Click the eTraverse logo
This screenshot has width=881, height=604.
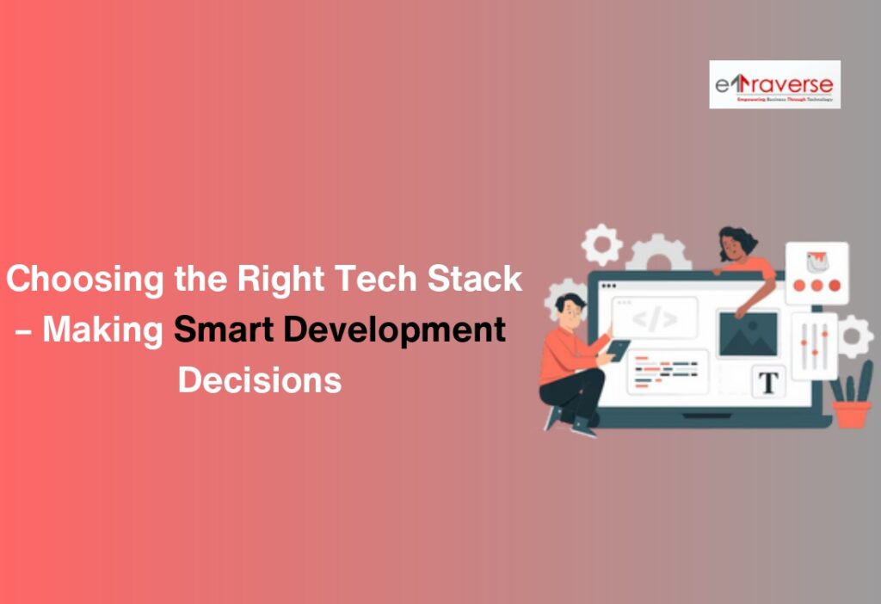pos(774,84)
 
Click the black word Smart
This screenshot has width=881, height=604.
pos(220,330)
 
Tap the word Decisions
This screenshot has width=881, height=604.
pos(259,379)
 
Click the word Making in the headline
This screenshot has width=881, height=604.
pos(103,330)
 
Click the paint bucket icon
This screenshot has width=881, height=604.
pos(815,257)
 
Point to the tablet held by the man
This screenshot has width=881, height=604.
pos(618,349)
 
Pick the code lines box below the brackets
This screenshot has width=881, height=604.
pos(667,371)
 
